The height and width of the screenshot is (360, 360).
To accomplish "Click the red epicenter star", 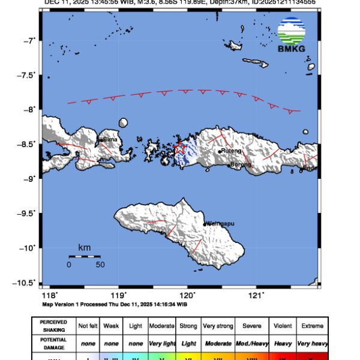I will [x=179, y=148].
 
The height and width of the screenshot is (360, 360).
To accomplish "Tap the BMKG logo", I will [x=292, y=35].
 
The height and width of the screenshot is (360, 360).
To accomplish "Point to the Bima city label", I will [x=110, y=139].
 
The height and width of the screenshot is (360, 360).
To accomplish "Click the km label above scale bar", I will [x=84, y=247].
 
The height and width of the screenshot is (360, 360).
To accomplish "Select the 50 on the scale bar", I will [x=101, y=264].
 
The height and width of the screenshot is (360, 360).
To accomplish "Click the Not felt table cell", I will [x=88, y=326].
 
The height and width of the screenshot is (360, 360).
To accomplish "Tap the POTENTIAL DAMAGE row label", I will [x=53, y=343].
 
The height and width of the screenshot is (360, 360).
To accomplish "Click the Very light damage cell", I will [x=161, y=343].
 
